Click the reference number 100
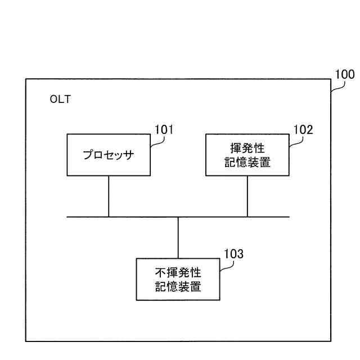[x=344, y=74]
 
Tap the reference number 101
[x=164, y=130]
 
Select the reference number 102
[x=303, y=130]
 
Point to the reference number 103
[x=233, y=254]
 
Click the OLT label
[x=60, y=100]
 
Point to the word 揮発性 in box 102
[x=247, y=148]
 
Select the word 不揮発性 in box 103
[x=178, y=272]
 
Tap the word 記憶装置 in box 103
[x=178, y=286]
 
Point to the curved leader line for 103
[x=223, y=264]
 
